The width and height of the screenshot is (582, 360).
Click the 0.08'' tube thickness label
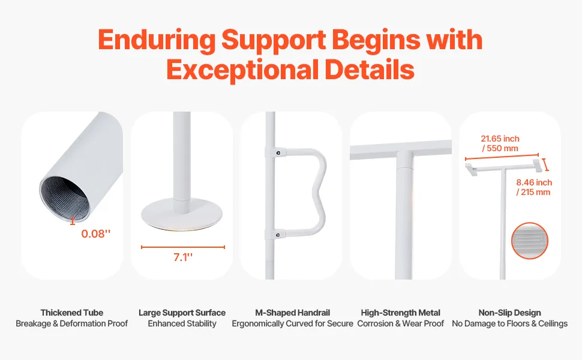[x=96, y=233]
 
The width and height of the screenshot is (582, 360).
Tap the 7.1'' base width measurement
[x=183, y=257]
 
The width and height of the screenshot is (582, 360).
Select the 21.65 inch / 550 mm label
[x=500, y=143]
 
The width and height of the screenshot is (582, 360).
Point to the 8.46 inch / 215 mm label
[x=534, y=187]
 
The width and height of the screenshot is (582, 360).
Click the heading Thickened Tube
[x=71, y=313]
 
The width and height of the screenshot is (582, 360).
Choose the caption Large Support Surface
[x=182, y=313]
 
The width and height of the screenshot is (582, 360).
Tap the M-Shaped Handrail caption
[x=292, y=313]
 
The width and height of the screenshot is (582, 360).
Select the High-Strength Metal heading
[x=400, y=313]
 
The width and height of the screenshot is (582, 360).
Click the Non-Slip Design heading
[x=509, y=313]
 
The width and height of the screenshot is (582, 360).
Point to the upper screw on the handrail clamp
[x=278, y=152]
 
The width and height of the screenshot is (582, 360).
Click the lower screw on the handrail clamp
[x=278, y=235]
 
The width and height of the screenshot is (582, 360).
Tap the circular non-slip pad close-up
[x=530, y=241]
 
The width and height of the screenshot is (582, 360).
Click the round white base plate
[x=182, y=214]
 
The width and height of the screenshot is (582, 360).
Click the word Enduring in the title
[x=157, y=40]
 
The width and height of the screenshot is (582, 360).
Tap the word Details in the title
[x=370, y=70]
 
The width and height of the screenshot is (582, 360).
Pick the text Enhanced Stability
[x=182, y=323]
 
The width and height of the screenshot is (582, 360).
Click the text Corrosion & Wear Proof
[x=400, y=323]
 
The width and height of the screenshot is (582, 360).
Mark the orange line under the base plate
[x=183, y=247]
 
